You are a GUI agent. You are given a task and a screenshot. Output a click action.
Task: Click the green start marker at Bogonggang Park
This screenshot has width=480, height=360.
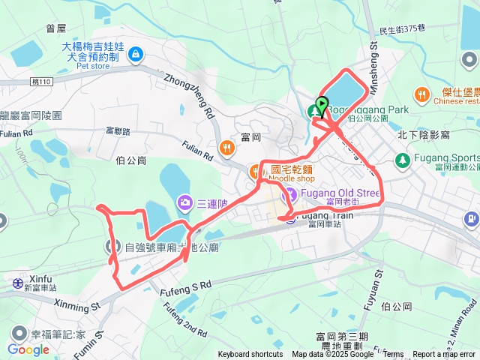322,105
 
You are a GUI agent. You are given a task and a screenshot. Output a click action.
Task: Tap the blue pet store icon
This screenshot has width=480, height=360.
135,54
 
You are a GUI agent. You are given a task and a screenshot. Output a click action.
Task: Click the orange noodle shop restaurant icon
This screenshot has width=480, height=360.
255,170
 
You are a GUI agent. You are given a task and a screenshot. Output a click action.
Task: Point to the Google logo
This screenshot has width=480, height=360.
28,349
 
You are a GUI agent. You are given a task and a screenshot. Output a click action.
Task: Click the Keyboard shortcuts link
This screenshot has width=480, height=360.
250,355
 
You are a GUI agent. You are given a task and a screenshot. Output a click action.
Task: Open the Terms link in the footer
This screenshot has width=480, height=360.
393,355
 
